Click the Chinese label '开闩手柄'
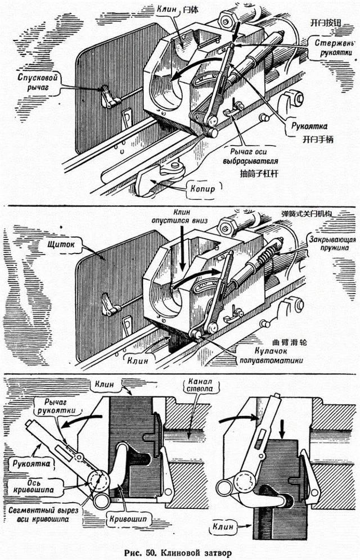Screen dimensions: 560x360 pyautogui.click(x=317, y=139)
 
